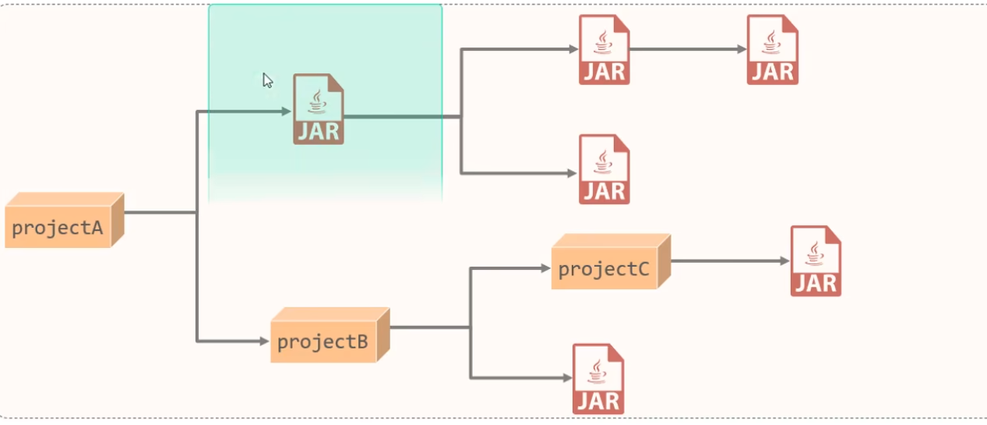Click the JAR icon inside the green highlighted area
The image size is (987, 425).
(318, 109)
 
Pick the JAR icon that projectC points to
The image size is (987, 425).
(816, 260)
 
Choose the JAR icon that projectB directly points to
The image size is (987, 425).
(597, 378)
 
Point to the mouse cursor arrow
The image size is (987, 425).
(266, 80)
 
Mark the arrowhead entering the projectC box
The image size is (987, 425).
(545, 268)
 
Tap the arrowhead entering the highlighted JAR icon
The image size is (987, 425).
(286, 112)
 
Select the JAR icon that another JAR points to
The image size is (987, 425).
(772, 49)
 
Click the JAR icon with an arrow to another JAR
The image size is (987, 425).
(604, 49)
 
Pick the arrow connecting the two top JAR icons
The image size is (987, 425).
(686, 49)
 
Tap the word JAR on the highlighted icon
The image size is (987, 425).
(318, 130)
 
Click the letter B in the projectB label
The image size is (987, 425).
(361, 342)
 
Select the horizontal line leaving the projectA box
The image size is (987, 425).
(159, 211)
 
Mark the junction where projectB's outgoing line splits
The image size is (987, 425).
(471, 328)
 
